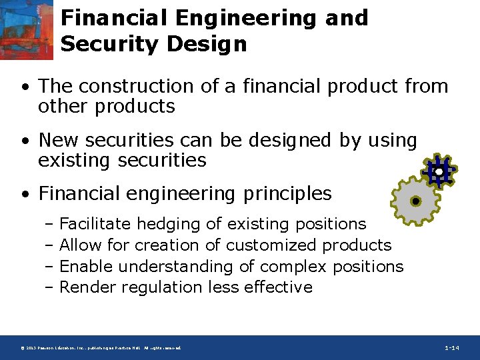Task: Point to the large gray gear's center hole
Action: click(x=415, y=201)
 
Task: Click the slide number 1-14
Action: click(x=452, y=348)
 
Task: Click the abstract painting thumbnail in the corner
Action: click(x=27, y=30)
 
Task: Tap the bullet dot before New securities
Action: click(x=25, y=141)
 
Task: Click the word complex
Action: click(x=293, y=266)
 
